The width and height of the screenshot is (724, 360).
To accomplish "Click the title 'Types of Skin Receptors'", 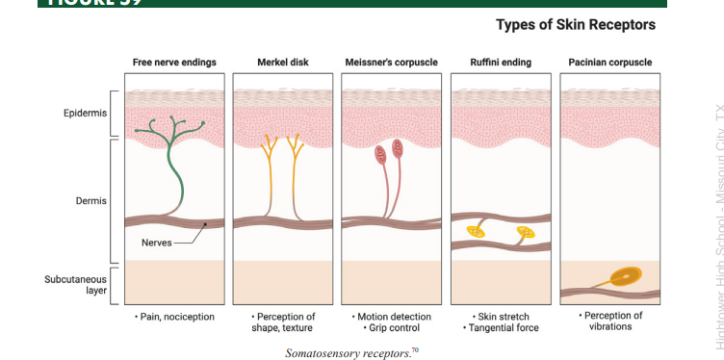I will coord(575,24).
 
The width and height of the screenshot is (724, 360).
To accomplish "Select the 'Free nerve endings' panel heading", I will coord(174,63).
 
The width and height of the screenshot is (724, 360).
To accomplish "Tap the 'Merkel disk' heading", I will coord(281,63).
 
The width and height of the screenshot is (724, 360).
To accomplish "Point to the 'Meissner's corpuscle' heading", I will coord(391,63).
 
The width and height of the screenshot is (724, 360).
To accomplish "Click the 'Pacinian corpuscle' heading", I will coord(609,63).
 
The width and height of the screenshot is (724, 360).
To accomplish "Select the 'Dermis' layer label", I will coord(91,200).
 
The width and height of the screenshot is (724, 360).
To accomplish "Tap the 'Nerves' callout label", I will coord(156,243).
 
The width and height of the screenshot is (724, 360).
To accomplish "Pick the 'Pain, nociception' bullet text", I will coord(176,316).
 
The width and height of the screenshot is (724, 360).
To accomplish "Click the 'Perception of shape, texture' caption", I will coord(283,321).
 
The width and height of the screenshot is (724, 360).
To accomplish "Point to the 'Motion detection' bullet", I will coord(393,316).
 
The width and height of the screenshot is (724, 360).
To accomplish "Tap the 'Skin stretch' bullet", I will coord(501,316).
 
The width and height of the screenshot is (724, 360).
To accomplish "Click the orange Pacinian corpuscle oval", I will coord(628,277).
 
